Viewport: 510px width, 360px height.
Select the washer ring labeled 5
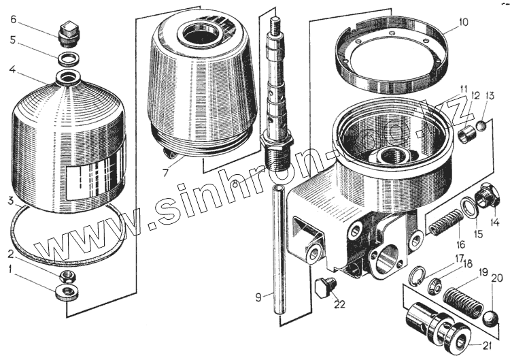[x=68, y=56]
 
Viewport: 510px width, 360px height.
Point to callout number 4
[x=12, y=69]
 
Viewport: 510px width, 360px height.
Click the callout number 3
[x=10, y=200]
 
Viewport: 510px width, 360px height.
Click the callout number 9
[x=258, y=297]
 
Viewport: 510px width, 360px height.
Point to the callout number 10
[x=463, y=21]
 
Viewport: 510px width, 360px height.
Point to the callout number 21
[x=486, y=346]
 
